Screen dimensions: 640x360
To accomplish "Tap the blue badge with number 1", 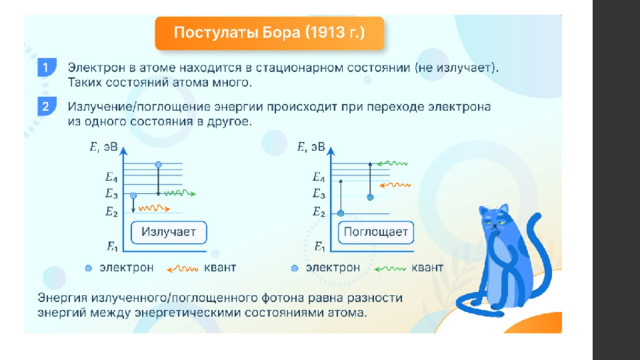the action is [x=47, y=68].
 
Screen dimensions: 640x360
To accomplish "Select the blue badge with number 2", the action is [x=47, y=107].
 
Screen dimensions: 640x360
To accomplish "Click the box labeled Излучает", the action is [x=169, y=232].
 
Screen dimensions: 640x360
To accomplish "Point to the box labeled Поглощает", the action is [x=376, y=232].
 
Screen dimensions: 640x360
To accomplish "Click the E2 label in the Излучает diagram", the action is [x=111, y=212].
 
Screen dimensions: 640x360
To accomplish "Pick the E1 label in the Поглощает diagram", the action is [x=319, y=247].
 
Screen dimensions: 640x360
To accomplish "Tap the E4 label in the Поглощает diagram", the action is [x=318, y=177].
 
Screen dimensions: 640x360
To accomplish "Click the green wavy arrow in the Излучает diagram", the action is [x=180, y=193].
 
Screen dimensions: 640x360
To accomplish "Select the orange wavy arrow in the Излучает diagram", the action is [x=154, y=209].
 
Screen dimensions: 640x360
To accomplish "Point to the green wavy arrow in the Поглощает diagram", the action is [x=392, y=164].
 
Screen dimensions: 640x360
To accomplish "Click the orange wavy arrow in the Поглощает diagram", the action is [x=395, y=185].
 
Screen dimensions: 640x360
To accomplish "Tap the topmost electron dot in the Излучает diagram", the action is [x=158, y=164].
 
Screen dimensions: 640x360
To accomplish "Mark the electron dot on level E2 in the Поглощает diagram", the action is [x=341, y=213].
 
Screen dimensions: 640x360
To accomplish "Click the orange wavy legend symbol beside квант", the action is [x=182, y=269].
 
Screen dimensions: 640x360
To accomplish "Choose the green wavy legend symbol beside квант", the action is [x=390, y=269].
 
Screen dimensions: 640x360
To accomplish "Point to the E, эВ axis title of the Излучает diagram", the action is [x=103, y=147].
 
